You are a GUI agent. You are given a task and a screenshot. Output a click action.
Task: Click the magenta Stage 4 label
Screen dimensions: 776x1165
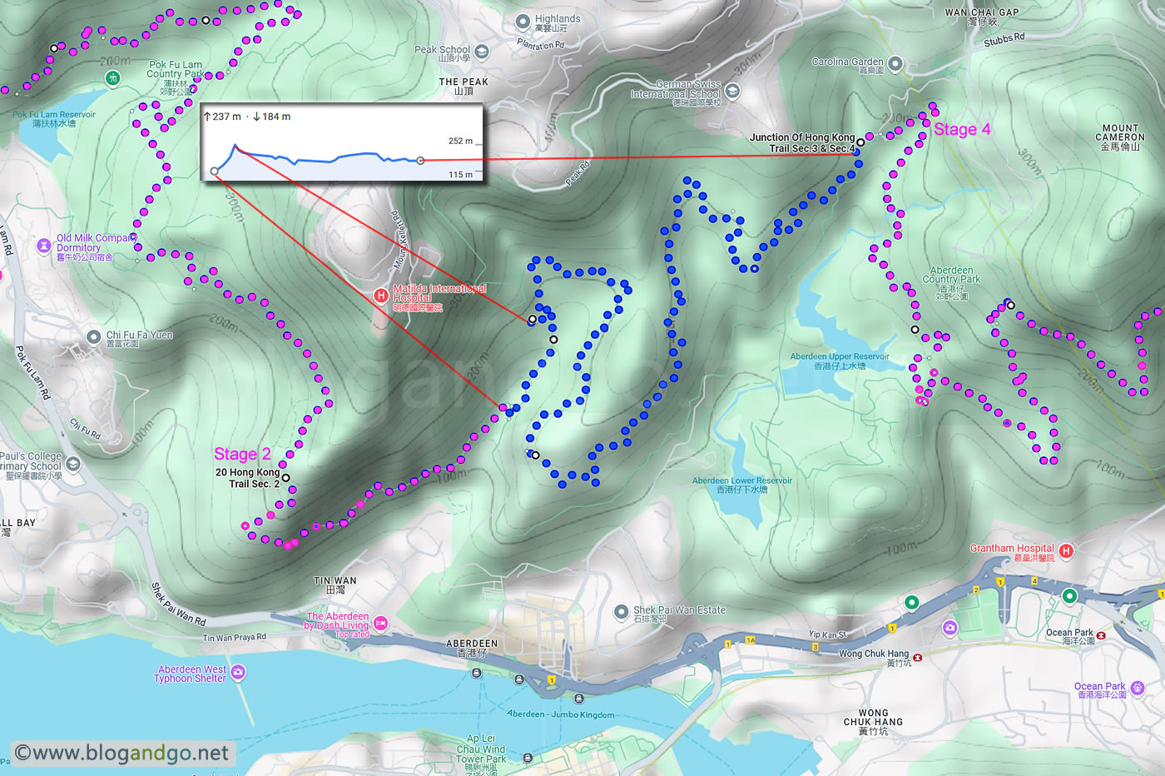[x=961, y=129]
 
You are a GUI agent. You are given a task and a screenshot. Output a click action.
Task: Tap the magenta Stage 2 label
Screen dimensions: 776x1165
[x=242, y=454]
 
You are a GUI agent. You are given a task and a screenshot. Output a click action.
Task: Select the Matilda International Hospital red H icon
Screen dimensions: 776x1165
[x=381, y=296]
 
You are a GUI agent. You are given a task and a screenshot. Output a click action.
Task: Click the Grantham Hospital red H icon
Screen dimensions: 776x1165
[x=1066, y=551]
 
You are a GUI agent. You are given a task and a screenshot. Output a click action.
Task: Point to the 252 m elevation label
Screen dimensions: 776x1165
[x=460, y=141]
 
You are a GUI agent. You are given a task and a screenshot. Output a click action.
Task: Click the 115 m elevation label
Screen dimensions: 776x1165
[x=460, y=175]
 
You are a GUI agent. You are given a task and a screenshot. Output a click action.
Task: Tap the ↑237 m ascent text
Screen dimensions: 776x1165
[x=222, y=117]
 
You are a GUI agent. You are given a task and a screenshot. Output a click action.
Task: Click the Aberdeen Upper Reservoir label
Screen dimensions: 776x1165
[x=839, y=361]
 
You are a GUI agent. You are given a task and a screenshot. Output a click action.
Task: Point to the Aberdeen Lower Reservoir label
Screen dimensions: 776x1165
[x=741, y=485]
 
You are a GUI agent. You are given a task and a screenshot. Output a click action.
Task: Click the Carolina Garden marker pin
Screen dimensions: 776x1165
[x=895, y=64]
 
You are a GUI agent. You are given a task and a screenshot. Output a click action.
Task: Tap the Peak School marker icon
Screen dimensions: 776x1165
[x=482, y=52]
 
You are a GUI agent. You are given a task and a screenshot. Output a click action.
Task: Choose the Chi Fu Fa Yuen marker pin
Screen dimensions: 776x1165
[x=94, y=337]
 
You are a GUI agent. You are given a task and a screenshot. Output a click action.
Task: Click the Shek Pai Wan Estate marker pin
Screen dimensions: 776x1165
[x=621, y=612]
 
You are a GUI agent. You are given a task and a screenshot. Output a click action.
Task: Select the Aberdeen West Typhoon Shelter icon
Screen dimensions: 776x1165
[x=238, y=672]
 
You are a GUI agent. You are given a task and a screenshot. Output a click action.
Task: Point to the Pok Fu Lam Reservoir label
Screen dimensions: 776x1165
[x=54, y=118]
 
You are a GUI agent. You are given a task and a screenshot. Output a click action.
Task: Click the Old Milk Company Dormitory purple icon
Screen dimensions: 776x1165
[x=44, y=246]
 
